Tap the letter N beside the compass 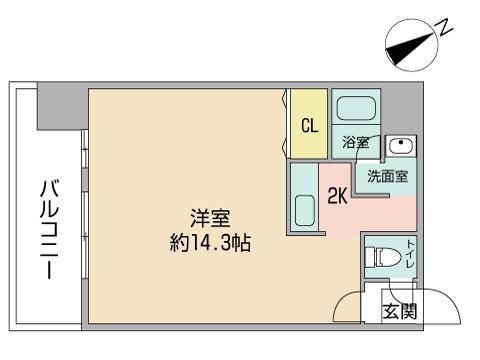[444, 29]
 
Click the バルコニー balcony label [48, 230]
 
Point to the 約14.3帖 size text [210, 242]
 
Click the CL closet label [310, 126]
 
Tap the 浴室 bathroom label [355, 142]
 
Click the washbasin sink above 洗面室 [400, 145]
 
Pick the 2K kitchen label [338, 197]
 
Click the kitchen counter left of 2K [305, 199]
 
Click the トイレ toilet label [411, 257]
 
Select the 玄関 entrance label [400, 311]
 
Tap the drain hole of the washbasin [400, 143]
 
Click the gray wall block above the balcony [59, 111]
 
